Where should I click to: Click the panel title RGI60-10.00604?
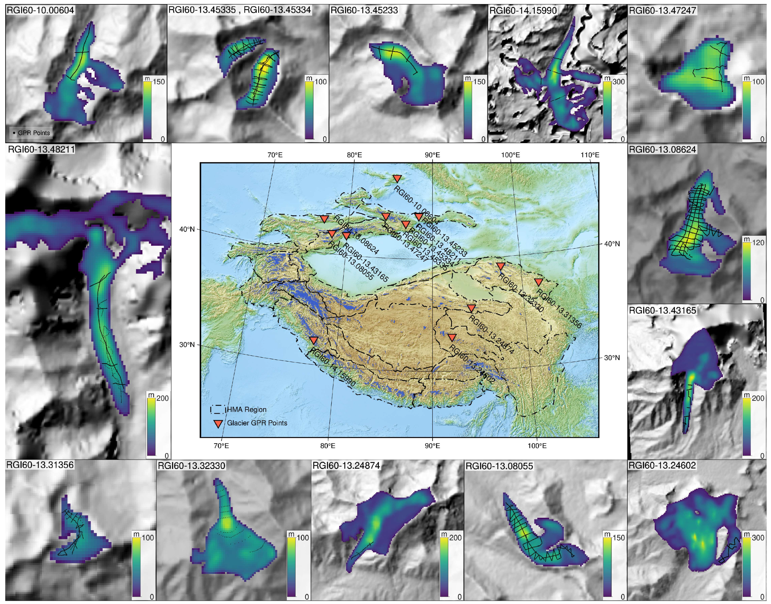[x=40, y=10]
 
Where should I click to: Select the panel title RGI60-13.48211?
[x=41, y=149]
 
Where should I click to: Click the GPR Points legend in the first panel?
[x=31, y=133]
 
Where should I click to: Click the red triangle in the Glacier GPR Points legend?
[x=219, y=423]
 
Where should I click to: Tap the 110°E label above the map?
[x=590, y=155]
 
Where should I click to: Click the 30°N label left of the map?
[x=187, y=344]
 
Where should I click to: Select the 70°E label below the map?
[x=221, y=446]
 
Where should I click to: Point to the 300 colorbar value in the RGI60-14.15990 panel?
[x=619, y=82]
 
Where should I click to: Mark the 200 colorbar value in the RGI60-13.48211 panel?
[x=162, y=398]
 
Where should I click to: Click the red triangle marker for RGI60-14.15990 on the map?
[x=314, y=340]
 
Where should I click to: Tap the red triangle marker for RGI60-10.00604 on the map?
[x=397, y=179]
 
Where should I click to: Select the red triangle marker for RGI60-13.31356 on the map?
[x=538, y=282]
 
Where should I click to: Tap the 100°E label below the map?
[x=537, y=446]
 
